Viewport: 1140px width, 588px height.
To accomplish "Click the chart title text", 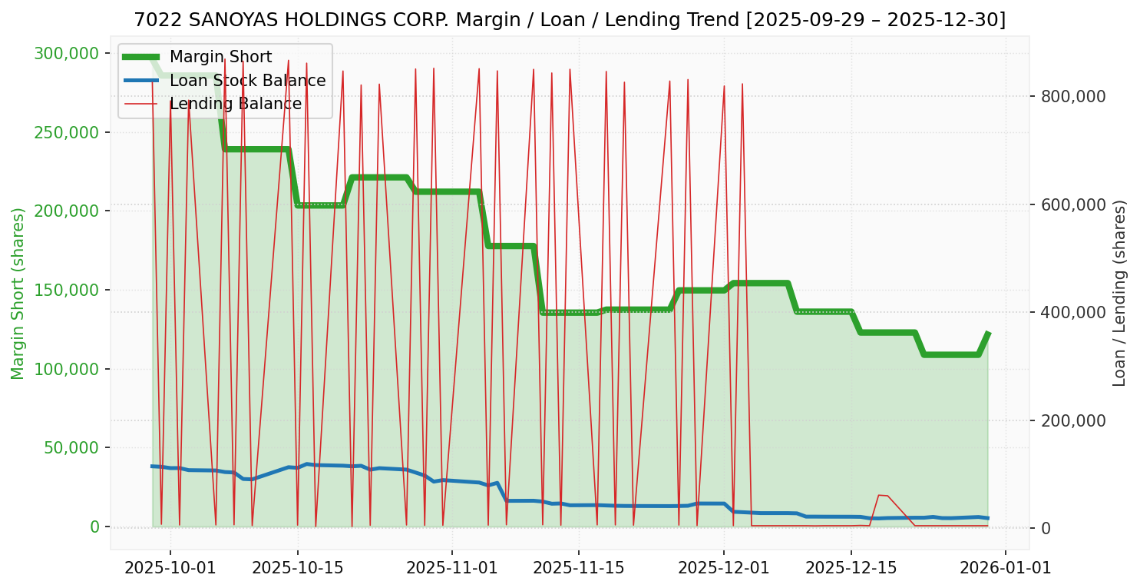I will [570, 20].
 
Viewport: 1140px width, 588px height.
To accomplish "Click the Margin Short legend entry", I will [220, 57].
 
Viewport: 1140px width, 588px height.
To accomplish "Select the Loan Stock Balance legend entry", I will [247, 81].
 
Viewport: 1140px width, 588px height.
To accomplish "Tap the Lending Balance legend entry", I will [235, 104].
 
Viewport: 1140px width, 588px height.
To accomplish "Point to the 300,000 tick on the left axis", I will [68, 53].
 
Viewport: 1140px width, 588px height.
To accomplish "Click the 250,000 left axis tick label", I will [68, 132].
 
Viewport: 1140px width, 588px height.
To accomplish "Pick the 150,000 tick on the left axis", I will [68, 290].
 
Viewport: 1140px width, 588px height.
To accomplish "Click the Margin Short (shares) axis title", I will [18, 293].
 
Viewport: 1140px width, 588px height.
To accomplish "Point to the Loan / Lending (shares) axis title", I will [1119, 293].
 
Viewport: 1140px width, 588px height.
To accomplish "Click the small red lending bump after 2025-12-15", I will [883, 496].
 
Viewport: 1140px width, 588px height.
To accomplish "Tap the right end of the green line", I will [988, 334].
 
